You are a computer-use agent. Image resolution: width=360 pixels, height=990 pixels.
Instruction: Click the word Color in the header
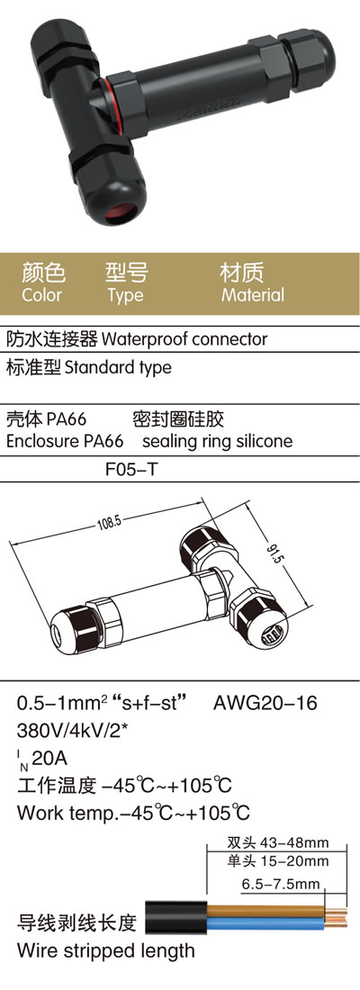(x=41, y=295)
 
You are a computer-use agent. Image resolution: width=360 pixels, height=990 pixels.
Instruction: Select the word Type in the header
(x=125, y=295)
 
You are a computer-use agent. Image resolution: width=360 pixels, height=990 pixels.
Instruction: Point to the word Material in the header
(x=253, y=295)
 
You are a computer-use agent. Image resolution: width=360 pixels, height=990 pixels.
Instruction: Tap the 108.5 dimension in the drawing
(x=109, y=521)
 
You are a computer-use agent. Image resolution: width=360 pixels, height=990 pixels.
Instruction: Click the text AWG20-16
(x=265, y=703)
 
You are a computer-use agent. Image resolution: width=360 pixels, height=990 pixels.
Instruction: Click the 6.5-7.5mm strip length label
(x=281, y=884)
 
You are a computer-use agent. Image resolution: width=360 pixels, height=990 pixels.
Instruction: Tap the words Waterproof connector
(x=184, y=339)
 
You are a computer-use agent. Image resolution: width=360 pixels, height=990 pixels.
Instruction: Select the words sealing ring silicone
(x=217, y=441)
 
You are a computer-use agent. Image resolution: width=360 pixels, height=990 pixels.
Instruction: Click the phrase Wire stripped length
(x=106, y=950)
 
